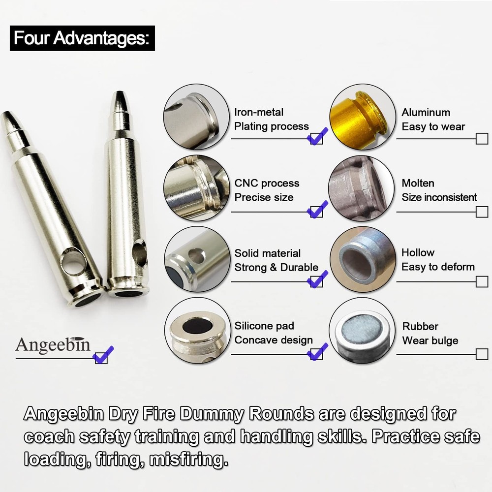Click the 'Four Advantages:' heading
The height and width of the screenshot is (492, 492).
coord(82,38)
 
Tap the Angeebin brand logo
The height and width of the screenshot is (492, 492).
coord(53,344)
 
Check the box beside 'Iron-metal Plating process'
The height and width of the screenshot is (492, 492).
coord(317,137)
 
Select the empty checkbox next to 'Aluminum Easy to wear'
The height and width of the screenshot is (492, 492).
coord(482,139)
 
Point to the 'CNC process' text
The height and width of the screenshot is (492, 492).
coord(267,184)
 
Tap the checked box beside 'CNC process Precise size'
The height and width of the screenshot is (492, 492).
coord(317,211)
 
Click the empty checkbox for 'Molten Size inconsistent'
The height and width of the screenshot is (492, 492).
coord(482,212)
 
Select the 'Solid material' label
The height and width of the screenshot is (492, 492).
coord(267,253)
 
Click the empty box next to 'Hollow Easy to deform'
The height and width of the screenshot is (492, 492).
coord(482,282)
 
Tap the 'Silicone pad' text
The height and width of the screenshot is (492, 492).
coord(264,326)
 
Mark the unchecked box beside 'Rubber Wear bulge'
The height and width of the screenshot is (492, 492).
coord(482,354)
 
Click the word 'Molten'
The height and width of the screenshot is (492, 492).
coord(418,184)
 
